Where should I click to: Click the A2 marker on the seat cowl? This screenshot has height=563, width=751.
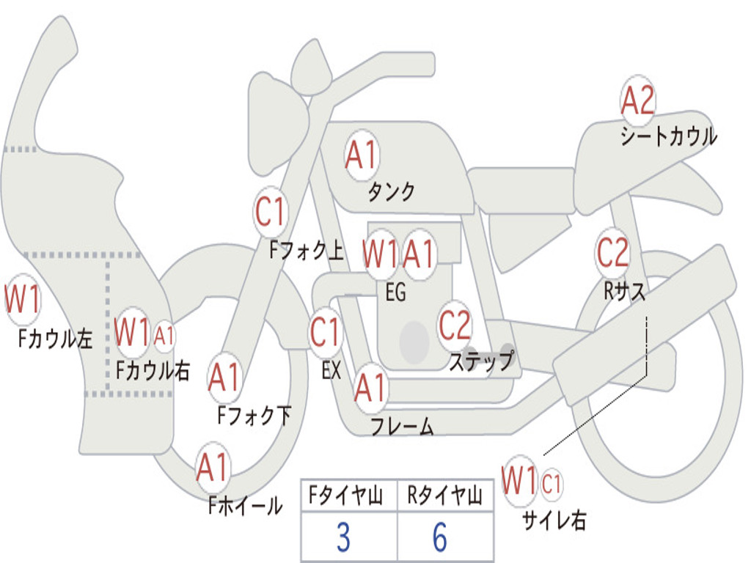tap(637, 101)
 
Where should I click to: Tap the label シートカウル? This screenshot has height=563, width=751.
tap(668, 137)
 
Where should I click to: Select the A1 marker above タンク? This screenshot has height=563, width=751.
tap(361, 155)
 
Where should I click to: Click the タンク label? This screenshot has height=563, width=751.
tap(391, 192)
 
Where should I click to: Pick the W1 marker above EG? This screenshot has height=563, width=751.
tap(381, 254)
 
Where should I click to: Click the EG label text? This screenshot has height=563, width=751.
tap(395, 292)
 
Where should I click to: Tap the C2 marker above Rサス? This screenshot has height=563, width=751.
tap(612, 252)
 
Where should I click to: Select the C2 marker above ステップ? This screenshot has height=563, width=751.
tap(455, 325)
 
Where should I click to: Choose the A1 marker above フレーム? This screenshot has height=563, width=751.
tap(370, 388)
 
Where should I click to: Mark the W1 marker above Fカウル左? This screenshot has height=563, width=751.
tap(22, 299)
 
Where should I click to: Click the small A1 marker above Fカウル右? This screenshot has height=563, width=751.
tap(164, 336)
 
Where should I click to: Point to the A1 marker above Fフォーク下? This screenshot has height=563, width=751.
tap(224, 378)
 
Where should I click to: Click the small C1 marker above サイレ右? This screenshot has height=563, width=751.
tap(552, 483)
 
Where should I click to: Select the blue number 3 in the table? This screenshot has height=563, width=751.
tap(343, 538)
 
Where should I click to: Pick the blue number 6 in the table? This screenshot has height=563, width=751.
tap(440, 538)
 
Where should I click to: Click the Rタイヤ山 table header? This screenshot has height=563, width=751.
tap(444, 497)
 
